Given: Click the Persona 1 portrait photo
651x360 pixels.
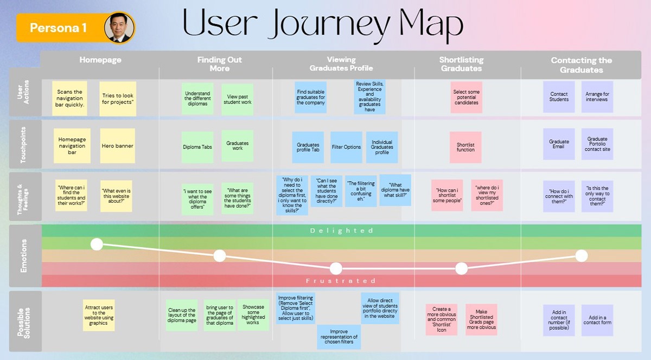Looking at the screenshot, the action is (119, 28).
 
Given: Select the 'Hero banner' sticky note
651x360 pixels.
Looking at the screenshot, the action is (117, 146).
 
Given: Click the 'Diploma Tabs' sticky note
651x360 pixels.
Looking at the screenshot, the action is (197, 147).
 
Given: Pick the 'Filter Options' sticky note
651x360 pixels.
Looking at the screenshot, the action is (346, 147).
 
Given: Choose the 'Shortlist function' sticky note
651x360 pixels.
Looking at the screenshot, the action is (465, 147).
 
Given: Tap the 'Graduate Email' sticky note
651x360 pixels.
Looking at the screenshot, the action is (559, 144).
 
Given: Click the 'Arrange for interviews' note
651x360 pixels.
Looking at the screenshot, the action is (597, 97).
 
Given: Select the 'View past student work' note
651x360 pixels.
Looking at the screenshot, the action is (238, 99).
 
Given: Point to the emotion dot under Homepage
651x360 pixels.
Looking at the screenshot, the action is (97, 245).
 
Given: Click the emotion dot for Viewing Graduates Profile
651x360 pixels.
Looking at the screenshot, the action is (336, 268).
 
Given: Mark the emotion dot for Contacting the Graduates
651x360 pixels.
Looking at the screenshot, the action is (582, 256).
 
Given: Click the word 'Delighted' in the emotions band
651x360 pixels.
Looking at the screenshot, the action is (341, 231).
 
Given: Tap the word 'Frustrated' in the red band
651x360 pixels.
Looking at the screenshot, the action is (341, 281).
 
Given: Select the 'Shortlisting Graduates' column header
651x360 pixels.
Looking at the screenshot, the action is (461, 64).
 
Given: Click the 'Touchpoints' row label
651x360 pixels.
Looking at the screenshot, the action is (23, 145).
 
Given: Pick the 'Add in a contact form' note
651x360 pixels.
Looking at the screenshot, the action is (597, 320).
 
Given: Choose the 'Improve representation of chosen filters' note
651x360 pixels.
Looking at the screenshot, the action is (339, 337).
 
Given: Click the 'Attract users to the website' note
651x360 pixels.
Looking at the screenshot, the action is (99, 315).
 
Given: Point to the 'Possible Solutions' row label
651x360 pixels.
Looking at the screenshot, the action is (23, 323).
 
